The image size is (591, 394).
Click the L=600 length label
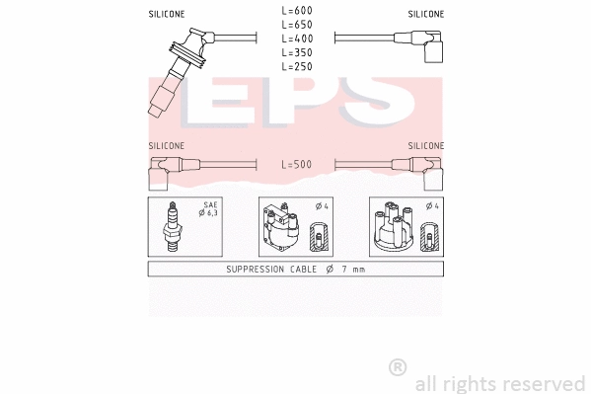pyautogui.click(x=297, y=11)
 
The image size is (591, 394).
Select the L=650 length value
pyautogui.click(x=297, y=25)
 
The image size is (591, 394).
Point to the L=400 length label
pyautogui.click(x=297, y=39)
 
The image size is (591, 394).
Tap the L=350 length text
pyautogui.click(x=297, y=52)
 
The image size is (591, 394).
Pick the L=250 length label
pyautogui.click(x=297, y=66)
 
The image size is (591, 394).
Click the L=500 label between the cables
pyautogui.click(x=297, y=164)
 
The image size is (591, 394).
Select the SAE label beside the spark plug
pyautogui.click(x=210, y=205)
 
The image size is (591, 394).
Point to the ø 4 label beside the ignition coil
pyautogui.click(x=321, y=206)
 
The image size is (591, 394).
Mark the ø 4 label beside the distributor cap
pyautogui.click(x=431, y=206)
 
